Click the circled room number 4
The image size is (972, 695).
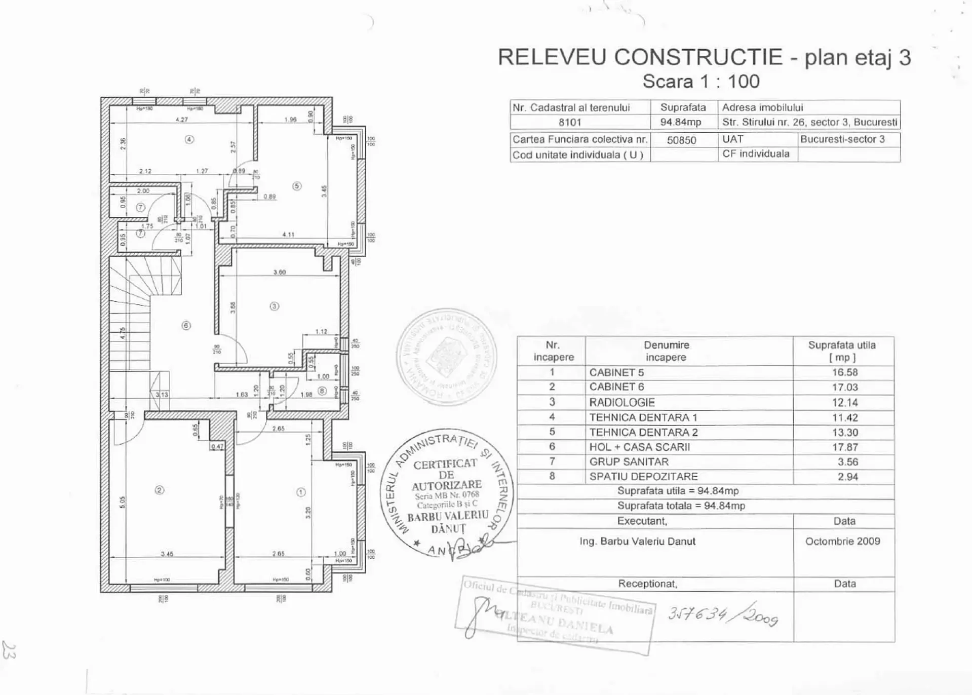(x=189, y=139)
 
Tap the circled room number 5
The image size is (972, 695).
(x=297, y=186)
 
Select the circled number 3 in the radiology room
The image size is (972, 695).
(x=274, y=306)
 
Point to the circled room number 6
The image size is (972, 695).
(x=186, y=325)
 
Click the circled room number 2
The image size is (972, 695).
(x=160, y=490)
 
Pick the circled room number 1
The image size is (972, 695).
(x=300, y=492)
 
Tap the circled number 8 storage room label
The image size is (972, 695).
(x=322, y=391)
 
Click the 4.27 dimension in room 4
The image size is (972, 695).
(x=181, y=120)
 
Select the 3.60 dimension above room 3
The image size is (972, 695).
(x=280, y=273)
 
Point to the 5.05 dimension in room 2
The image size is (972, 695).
(x=123, y=501)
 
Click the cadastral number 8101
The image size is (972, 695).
(x=570, y=123)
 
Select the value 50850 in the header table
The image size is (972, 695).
(x=681, y=140)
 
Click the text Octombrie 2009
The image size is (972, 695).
(x=842, y=541)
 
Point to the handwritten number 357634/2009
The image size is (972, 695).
(x=723, y=616)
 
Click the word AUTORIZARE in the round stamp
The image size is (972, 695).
(x=446, y=485)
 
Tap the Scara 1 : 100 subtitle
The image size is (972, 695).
(x=701, y=82)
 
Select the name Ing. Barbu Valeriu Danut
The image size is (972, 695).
(x=637, y=542)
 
